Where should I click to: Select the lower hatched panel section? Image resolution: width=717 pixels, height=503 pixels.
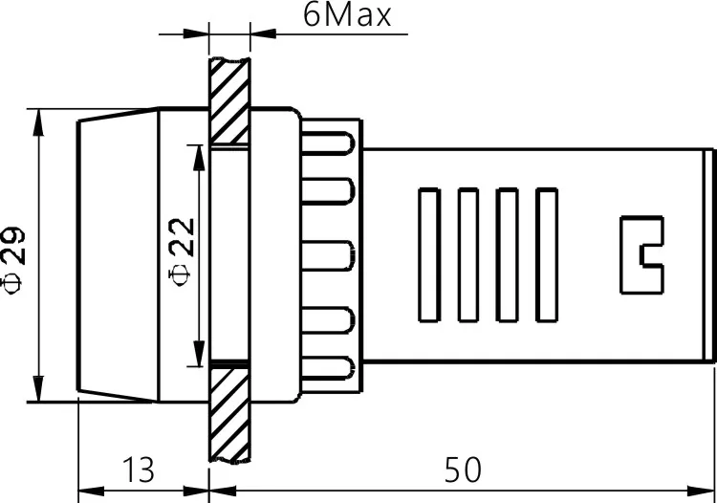(229, 411)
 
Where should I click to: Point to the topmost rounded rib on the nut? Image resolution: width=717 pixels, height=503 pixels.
(330, 142)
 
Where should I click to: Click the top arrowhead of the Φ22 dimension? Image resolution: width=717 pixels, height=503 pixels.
(198, 151)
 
